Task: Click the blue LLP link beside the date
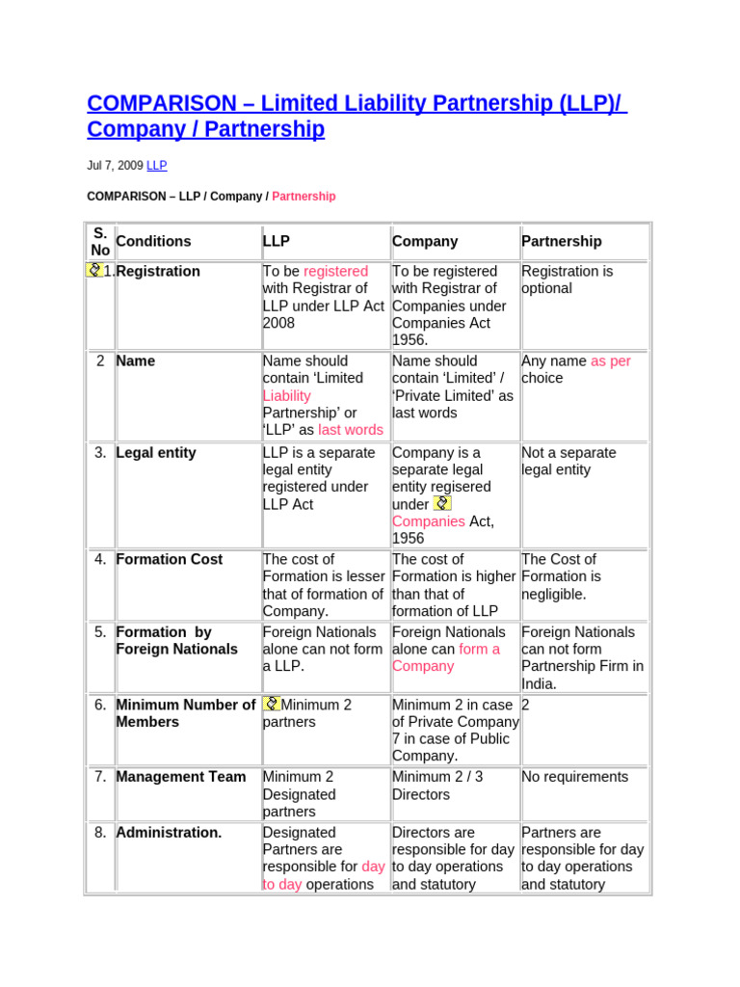[x=156, y=166]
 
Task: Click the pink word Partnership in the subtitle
[x=304, y=197]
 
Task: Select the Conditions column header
[x=153, y=242]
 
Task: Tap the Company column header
[x=425, y=242]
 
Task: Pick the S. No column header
[x=100, y=242]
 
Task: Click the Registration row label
[x=158, y=272]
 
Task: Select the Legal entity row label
[x=156, y=453]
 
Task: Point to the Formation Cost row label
[x=169, y=559]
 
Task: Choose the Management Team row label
[x=180, y=777]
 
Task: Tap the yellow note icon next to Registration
[x=93, y=271]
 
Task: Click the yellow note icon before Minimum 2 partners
[x=271, y=705]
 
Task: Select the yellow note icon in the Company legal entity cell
[x=441, y=503]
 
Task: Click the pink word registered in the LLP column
[x=335, y=272]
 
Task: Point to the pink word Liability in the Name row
[x=286, y=396]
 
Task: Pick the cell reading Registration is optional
[x=567, y=280]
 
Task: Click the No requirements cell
[x=574, y=777]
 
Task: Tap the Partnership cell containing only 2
[x=526, y=706]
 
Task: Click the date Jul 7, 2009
[x=115, y=166]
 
